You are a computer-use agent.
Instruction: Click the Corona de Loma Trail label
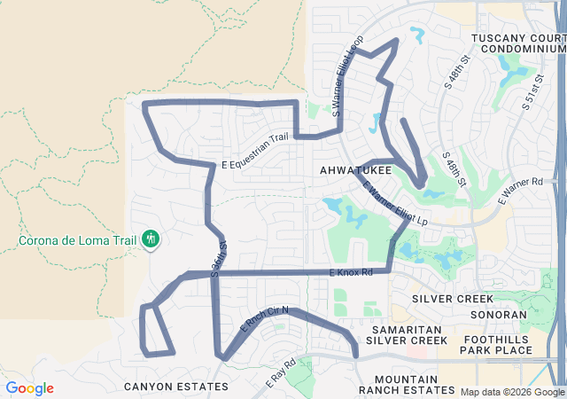click(75, 240)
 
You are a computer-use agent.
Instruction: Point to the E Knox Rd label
click(351, 271)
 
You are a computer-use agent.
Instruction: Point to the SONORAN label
click(499, 314)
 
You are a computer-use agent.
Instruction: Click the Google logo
click(29, 388)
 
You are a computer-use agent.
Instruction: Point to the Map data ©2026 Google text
click(512, 392)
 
